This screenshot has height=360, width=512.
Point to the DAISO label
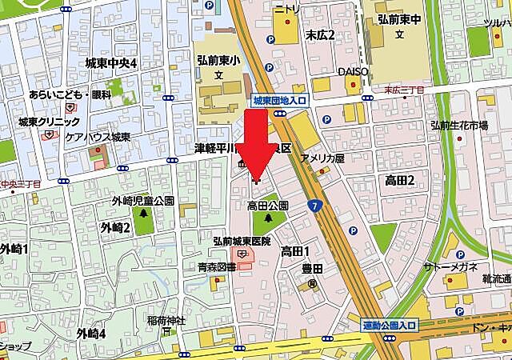(351, 71)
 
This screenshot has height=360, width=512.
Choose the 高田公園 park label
(268, 206)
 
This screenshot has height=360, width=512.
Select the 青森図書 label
(218, 268)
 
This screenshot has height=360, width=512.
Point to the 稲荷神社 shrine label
(166, 321)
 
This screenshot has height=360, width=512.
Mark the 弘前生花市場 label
(459, 126)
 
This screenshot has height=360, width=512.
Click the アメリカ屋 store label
(322, 158)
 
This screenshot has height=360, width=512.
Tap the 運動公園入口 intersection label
(389, 325)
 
